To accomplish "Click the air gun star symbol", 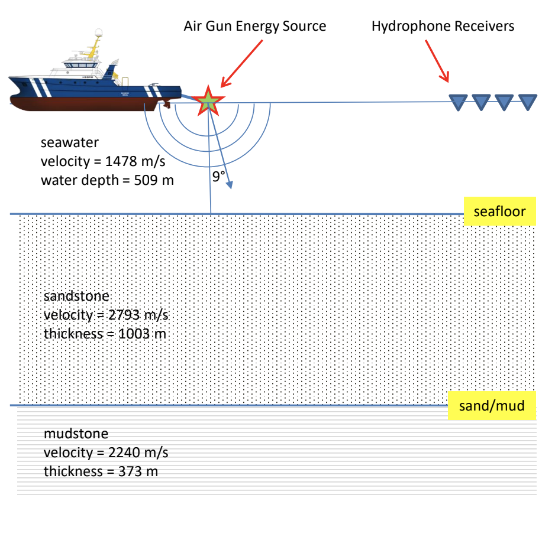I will click(x=208, y=102).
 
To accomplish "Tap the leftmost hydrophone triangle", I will click(x=457, y=102).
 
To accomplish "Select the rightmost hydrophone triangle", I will click(x=527, y=102).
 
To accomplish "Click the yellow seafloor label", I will click(x=499, y=211).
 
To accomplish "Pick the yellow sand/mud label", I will click(x=492, y=406).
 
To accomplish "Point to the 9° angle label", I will click(x=220, y=176).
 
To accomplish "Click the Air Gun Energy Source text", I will click(x=254, y=27).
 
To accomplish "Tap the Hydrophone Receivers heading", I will click(x=443, y=27).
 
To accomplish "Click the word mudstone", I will click(x=76, y=434).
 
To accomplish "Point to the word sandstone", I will click(x=77, y=296).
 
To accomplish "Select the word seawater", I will click(x=69, y=142).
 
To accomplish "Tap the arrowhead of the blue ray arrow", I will click(x=229, y=185).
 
